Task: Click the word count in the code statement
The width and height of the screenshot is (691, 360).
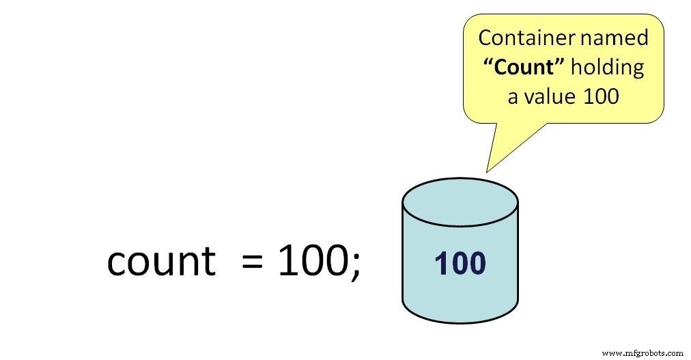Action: point(160,261)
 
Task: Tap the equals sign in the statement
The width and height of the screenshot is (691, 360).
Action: point(253,262)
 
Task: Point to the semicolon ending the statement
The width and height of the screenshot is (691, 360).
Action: point(355,265)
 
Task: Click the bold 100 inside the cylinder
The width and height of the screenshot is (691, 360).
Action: point(460,264)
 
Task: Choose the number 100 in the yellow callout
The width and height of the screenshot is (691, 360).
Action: point(601,96)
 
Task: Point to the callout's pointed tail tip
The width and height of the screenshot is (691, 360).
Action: point(487,171)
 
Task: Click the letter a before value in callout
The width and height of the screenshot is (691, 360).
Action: point(513,97)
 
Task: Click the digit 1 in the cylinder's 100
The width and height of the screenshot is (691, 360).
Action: point(440,264)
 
